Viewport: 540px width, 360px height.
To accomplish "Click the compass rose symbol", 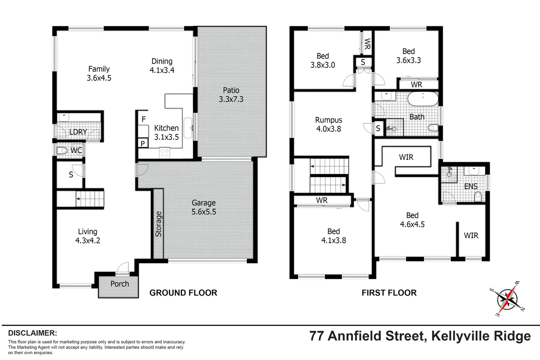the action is [x=508, y=299].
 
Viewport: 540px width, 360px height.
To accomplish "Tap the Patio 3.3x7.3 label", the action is [x=231, y=95].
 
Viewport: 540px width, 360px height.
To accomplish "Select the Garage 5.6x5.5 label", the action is [x=204, y=207].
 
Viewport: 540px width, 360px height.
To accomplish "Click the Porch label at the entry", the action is [x=120, y=284].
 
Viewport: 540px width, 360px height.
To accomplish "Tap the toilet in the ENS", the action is [x=478, y=197].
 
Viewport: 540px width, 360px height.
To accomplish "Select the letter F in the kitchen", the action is [x=143, y=119].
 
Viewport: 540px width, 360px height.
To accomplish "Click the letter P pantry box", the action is [x=143, y=143].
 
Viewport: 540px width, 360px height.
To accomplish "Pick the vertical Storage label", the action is [x=158, y=224].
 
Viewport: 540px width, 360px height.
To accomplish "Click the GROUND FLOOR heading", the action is [x=183, y=293].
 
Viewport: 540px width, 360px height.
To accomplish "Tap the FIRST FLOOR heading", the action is [x=389, y=293].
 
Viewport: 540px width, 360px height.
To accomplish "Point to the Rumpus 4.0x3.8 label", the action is [x=329, y=124].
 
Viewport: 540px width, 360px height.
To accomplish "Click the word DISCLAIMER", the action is [x=32, y=333].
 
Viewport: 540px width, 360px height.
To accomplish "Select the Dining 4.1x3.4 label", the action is [x=162, y=66].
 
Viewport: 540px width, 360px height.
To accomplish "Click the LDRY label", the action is [x=78, y=132].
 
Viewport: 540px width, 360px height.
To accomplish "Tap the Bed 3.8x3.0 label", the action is [x=323, y=61].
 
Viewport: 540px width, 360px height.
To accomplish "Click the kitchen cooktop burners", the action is [x=164, y=153].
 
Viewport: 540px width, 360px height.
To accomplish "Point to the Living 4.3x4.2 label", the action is [x=88, y=236].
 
